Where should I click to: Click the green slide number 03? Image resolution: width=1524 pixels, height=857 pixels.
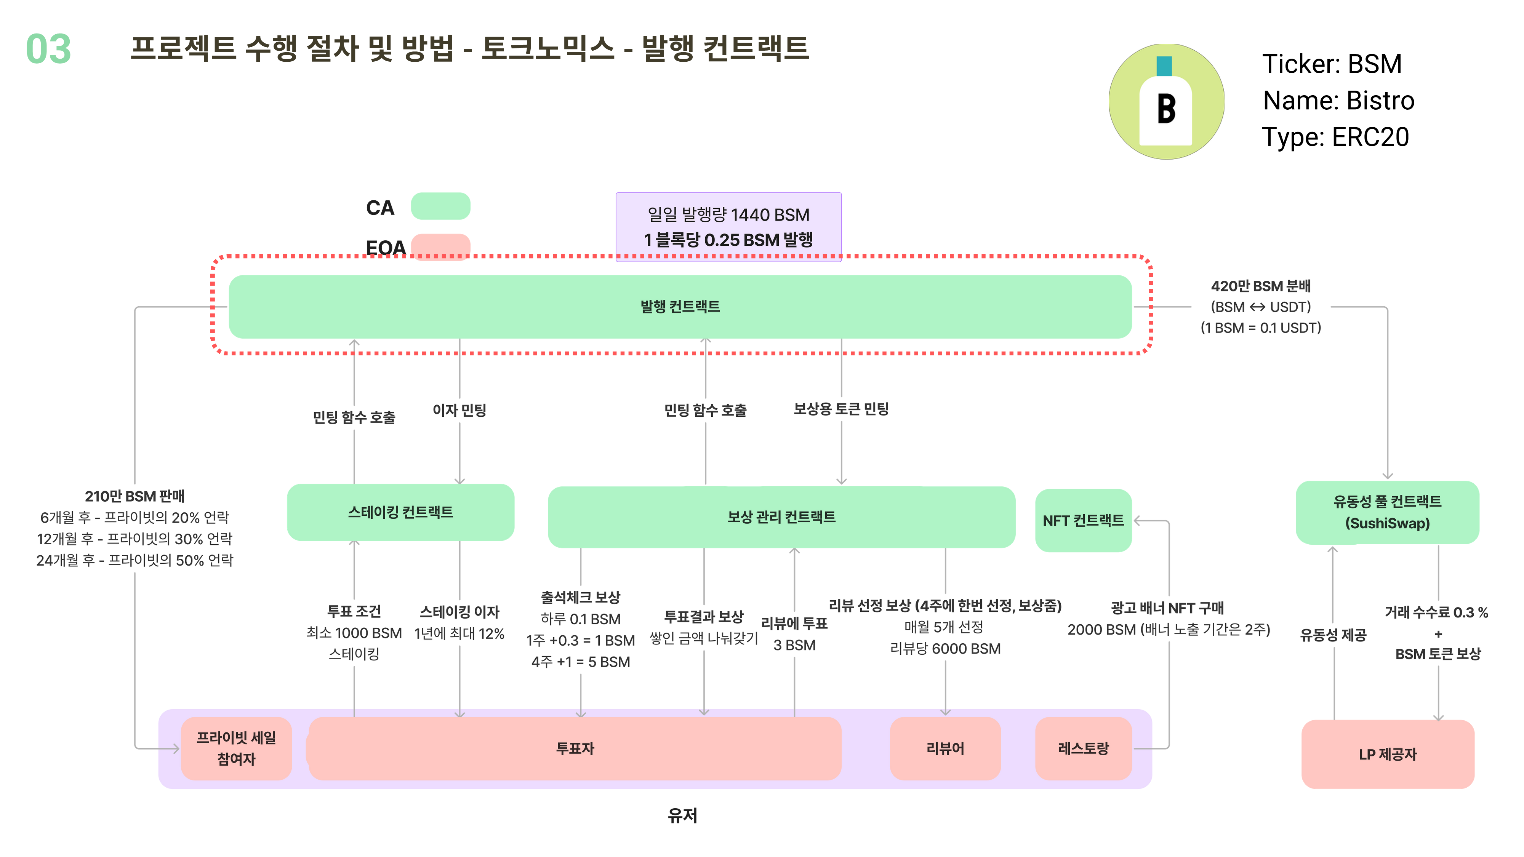click(x=48, y=49)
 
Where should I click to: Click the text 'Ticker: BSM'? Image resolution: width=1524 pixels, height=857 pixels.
click(x=1332, y=64)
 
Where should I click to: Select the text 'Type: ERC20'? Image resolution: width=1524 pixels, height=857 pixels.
click(x=1335, y=137)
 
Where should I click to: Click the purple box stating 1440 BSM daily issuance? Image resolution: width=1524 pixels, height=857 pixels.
click(x=728, y=227)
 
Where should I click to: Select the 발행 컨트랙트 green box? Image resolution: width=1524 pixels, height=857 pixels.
click(x=680, y=306)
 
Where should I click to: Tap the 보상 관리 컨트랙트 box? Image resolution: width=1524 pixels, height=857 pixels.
click(x=781, y=517)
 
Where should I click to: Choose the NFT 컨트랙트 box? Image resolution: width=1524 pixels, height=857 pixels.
click(x=1083, y=520)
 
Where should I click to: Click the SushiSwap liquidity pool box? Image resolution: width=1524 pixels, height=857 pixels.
click(x=1387, y=512)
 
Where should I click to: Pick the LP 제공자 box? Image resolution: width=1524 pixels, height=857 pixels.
click(x=1387, y=754)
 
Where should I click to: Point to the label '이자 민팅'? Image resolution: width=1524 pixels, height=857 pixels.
click(x=459, y=410)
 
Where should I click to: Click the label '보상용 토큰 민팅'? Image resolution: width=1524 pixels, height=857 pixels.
click(x=841, y=409)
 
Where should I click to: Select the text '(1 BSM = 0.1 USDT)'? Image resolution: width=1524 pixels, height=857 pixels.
click(x=1260, y=328)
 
